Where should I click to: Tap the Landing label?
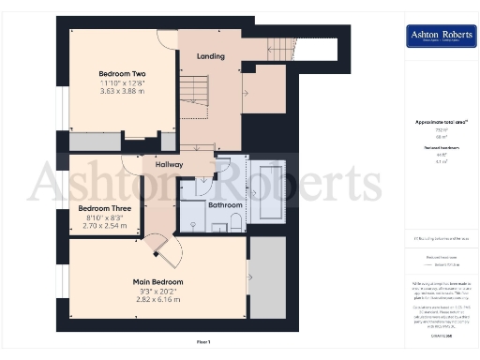tap(210, 56)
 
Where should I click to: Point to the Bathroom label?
tap(225, 204)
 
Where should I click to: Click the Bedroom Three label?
tap(104, 208)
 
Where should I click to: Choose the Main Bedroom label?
tap(157, 281)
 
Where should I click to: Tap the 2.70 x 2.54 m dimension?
tap(104, 227)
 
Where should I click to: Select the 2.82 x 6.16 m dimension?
tap(157, 300)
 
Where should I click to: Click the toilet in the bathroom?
tap(235, 218)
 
